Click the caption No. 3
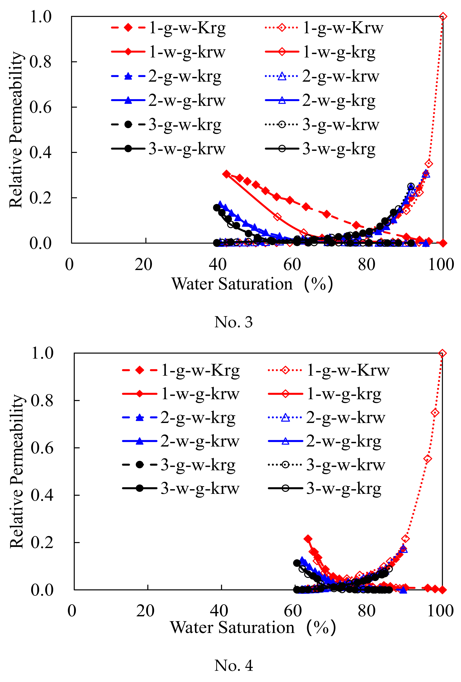(233, 322)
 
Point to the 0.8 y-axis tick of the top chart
(40, 62)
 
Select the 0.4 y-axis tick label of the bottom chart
(42, 495)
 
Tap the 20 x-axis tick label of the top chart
(143, 264)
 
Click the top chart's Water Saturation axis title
(252, 284)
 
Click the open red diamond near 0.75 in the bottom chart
(435, 413)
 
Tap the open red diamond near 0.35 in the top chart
(429, 164)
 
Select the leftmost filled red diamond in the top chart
(226, 174)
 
